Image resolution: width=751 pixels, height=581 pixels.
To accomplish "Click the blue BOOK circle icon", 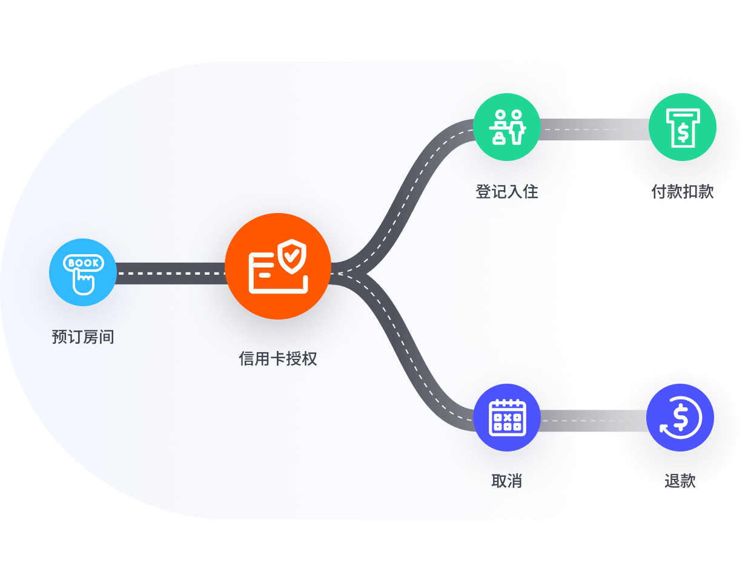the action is pyautogui.click(x=83, y=272).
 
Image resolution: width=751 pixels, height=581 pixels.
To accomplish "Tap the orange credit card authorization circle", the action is pyautogui.click(x=278, y=266).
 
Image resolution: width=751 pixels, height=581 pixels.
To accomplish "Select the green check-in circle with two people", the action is pyautogui.click(x=507, y=126).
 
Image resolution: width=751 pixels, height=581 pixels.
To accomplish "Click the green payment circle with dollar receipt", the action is pyautogui.click(x=682, y=126).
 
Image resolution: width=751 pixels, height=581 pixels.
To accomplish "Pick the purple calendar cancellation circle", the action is pyautogui.click(x=507, y=418).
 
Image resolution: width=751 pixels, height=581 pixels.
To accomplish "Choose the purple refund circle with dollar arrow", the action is pyautogui.click(x=680, y=418).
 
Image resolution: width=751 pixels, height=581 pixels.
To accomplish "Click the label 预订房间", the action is pyautogui.click(x=83, y=336).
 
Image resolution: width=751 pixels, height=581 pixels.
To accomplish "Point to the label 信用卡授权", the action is pyautogui.click(x=278, y=358).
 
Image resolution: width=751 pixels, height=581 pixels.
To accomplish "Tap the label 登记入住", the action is pyautogui.click(x=507, y=192).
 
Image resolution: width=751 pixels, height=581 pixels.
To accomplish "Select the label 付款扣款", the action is pyautogui.click(x=683, y=192).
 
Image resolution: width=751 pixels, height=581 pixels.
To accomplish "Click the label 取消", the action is pyautogui.click(x=507, y=481).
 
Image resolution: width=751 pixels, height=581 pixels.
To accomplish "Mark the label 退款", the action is pyautogui.click(x=680, y=481).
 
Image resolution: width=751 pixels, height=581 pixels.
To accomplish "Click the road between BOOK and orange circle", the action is pyautogui.click(x=171, y=274).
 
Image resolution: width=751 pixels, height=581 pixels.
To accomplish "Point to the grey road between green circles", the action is pyautogui.click(x=595, y=130).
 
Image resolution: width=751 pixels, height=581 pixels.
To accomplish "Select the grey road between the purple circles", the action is pyautogui.click(x=593, y=421).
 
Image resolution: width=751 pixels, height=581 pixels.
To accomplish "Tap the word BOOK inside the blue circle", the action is pyautogui.click(x=84, y=263).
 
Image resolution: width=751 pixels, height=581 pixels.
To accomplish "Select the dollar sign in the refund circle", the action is pyautogui.click(x=681, y=418).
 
